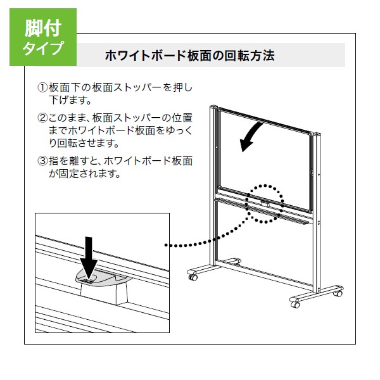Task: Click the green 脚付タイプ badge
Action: (43, 37)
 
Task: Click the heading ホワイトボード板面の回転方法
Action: (190, 56)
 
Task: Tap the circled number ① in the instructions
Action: (42, 87)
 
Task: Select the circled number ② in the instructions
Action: (42, 118)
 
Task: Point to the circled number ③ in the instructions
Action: (42, 161)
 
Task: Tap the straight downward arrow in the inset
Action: (89, 258)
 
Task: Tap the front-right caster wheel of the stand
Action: (295, 304)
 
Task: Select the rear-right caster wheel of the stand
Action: (338, 293)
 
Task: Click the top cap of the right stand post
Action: (317, 134)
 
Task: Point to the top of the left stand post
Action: (213, 106)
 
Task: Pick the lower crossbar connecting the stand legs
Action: (263, 272)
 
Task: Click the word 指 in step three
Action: (54, 161)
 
